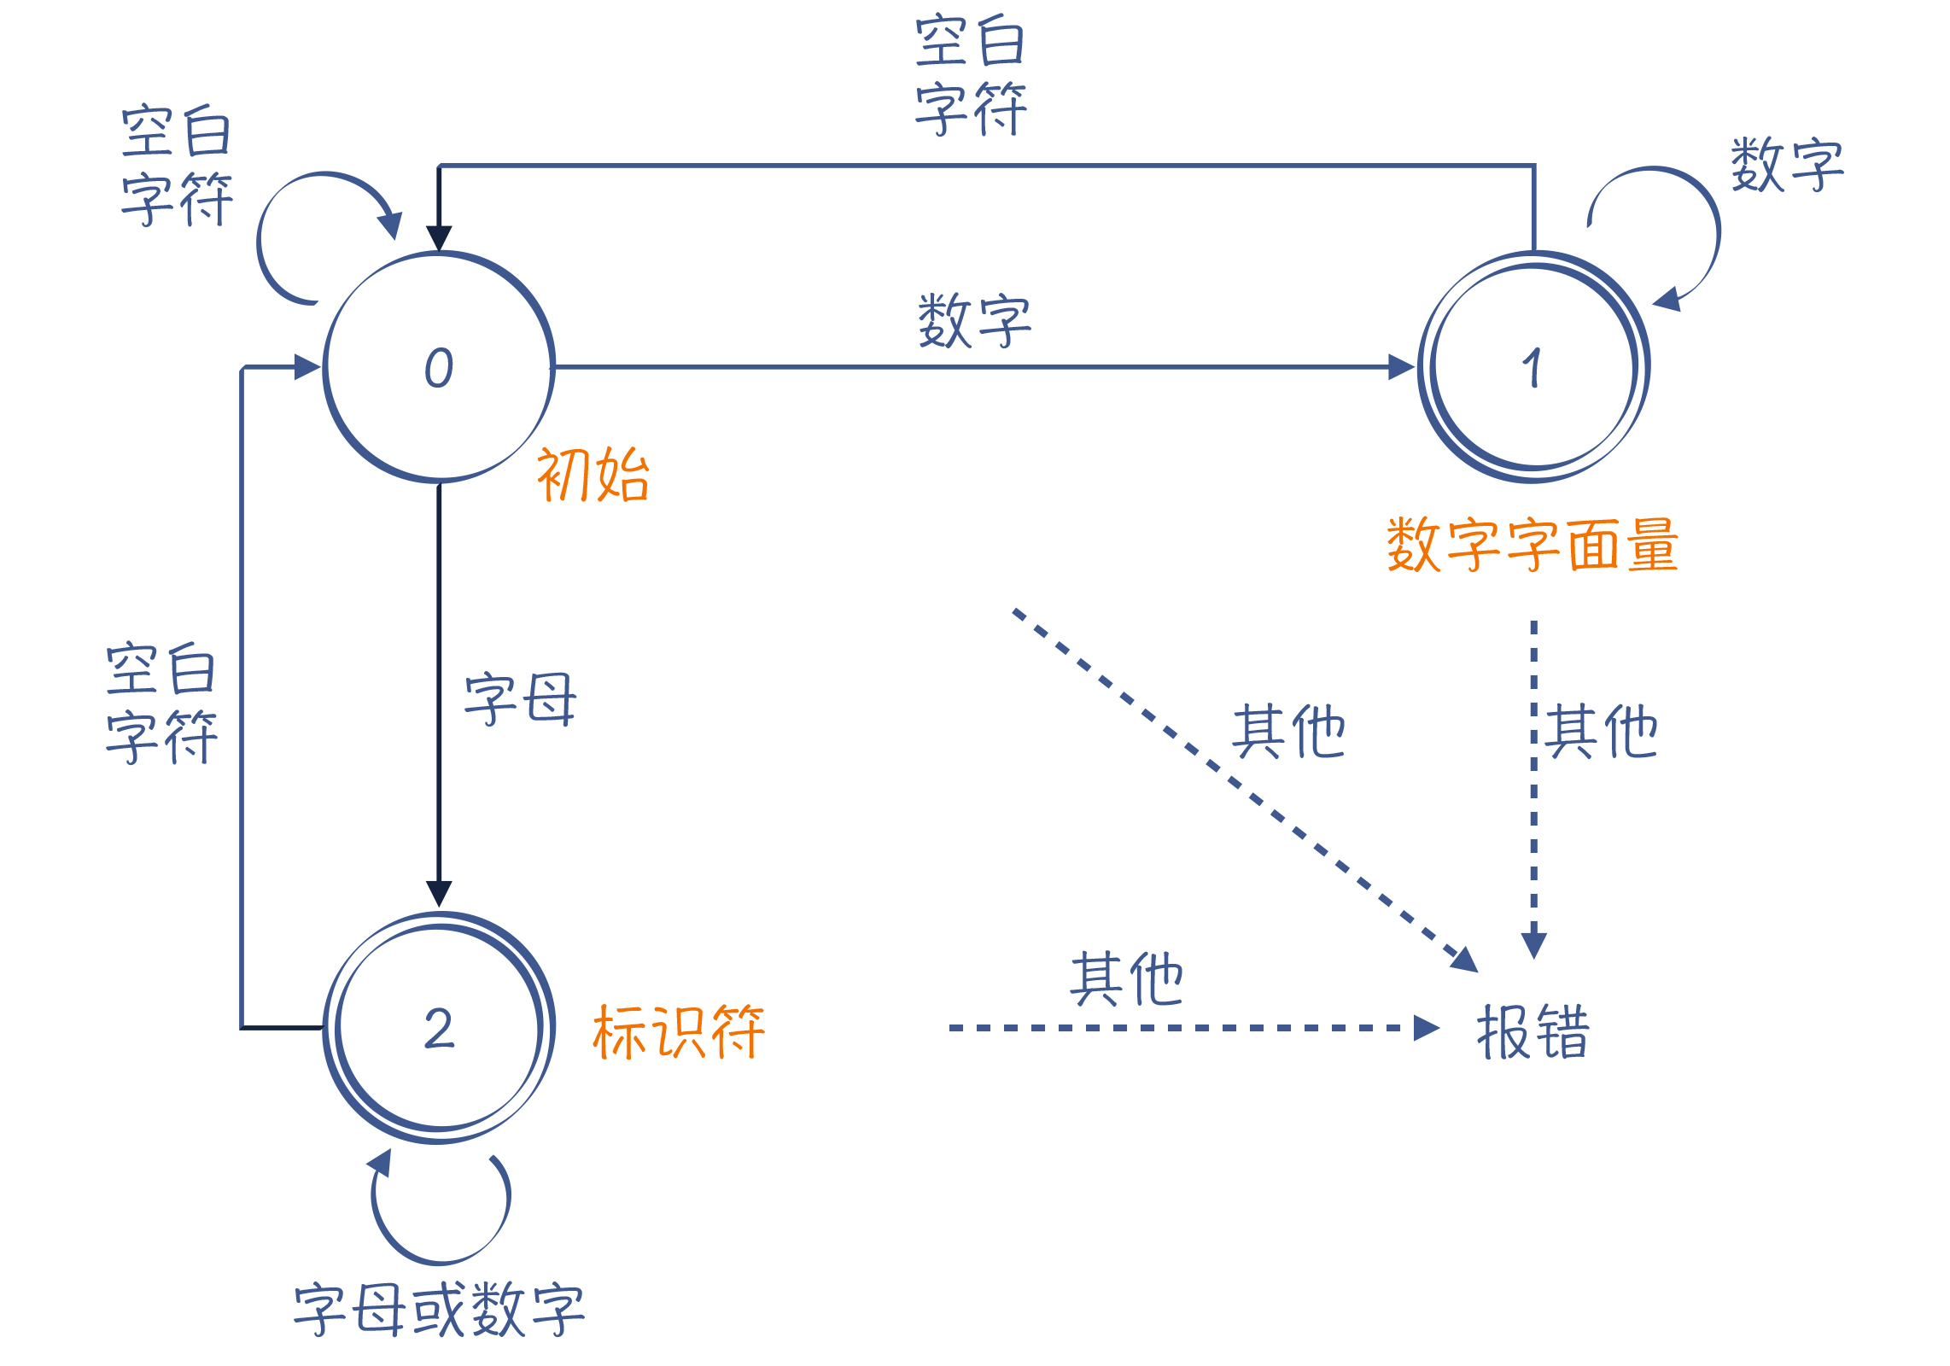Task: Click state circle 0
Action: [439, 367]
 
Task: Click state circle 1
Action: [1533, 367]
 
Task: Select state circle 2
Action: [439, 1028]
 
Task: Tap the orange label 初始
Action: [593, 475]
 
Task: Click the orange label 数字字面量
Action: [1532, 545]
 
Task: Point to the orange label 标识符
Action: [678, 1032]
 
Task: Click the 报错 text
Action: [1533, 1032]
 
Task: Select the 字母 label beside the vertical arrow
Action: [520, 699]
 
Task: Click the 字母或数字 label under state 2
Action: [439, 1309]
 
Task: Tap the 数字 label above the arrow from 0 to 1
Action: [974, 320]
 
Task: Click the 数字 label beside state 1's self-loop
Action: [1787, 164]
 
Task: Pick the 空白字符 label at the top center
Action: [971, 75]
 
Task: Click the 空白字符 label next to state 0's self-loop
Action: [177, 166]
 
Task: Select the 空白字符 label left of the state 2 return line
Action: [161, 703]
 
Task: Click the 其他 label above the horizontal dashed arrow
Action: [1126, 978]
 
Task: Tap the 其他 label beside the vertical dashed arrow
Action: [1601, 732]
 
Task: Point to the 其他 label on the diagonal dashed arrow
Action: [1288, 732]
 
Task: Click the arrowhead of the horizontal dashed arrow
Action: [1426, 1028]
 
